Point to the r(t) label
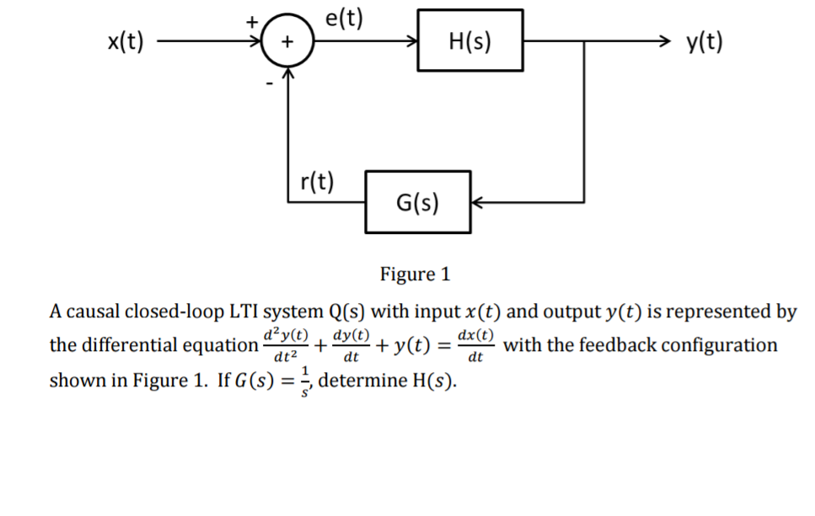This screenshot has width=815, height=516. (318, 181)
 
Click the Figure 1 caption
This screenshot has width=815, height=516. (416, 274)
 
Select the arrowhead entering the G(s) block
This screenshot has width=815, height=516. (477, 203)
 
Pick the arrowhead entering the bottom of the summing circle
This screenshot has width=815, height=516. (288, 74)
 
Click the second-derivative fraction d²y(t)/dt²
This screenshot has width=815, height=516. (286, 345)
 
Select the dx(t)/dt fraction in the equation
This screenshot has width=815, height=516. (475, 345)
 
